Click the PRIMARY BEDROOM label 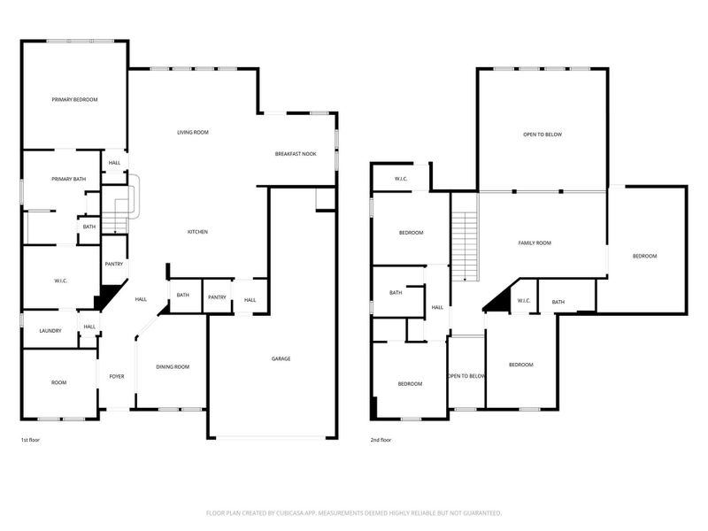click(73, 100)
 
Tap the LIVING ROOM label click(192, 133)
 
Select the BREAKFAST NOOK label click(296, 154)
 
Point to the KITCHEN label click(197, 232)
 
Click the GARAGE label click(281, 358)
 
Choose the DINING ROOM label click(173, 367)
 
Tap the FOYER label click(117, 377)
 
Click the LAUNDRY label click(50, 331)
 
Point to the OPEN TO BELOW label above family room click(543, 135)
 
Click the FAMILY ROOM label click(535, 242)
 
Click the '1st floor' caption click(30, 440)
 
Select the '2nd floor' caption click(381, 440)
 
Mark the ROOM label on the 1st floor click(58, 382)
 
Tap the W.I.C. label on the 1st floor click(61, 281)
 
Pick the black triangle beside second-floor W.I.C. click(497, 301)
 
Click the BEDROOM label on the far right click(644, 256)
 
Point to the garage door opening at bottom click(272, 437)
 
